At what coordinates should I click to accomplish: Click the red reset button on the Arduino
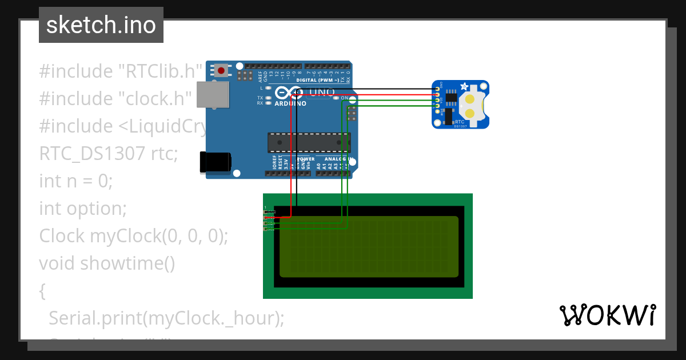[221, 71]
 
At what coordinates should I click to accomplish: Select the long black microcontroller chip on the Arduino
[309, 142]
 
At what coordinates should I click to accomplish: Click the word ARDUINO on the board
[290, 104]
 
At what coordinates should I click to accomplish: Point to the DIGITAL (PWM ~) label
[318, 81]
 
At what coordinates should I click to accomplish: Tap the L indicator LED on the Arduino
[268, 88]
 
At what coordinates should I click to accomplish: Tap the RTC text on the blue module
[460, 122]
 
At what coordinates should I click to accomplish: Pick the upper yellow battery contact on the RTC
[470, 100]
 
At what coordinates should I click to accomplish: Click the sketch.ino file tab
[101, 25]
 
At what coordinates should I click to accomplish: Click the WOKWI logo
[607, 315]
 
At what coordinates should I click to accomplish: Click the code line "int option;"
[82, 209]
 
